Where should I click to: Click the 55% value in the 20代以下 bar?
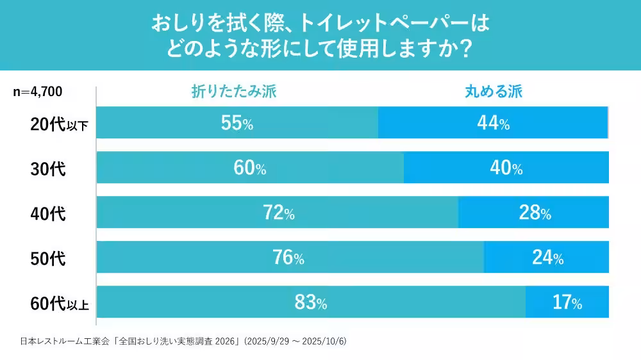pyautogui.click(x=237, y=124)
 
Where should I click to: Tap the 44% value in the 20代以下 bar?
pyautogui.click(x=493, y=124)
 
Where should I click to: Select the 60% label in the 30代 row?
pyautogui.click(x=250, y=168)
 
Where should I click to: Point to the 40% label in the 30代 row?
pyautogui.click(x=506, y=168)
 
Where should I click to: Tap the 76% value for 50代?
pyautogui.click(x=288, y=258)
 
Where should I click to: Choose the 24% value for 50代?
pyautogui.click(x=547, y=258)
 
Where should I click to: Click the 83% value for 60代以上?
pyautogui.click(x=311, y=302)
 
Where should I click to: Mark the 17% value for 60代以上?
pyautogui.click(x=567, y=302)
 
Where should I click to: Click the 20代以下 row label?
pyautogui.click(x=59, y=125)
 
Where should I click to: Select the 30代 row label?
pyautogui.click(x=48, y=170)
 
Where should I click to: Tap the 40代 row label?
pyautogui.click(x=48, y=214)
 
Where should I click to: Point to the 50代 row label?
pyautogui.click(x=48, y=259)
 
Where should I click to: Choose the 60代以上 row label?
pyautogui.click(x=59, y=304)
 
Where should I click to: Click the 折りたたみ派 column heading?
pyautogui.click(x=234, y=92)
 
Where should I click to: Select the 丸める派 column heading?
pyautogui.click(x=494, y=92)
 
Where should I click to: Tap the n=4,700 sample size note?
pyautogui.click(x=38, y=92)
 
